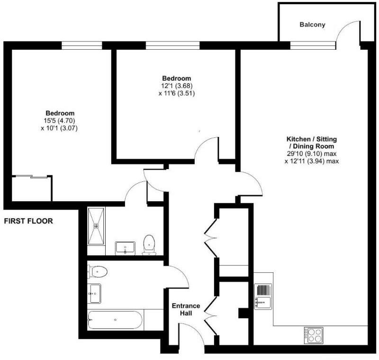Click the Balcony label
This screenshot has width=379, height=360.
312,25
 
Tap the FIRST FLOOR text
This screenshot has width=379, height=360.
28,221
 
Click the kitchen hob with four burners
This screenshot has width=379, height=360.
313,335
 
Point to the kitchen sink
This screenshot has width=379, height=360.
263,296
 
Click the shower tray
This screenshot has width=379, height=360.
97,225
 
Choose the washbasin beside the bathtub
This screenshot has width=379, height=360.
94,294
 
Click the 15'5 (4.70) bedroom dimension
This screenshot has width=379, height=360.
60,121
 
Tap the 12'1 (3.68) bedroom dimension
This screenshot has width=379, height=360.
177,86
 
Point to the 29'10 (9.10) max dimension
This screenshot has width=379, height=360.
311,153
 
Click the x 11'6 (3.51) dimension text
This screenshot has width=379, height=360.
177,93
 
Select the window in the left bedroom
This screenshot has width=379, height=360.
82,45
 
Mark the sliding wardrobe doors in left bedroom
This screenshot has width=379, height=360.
31,177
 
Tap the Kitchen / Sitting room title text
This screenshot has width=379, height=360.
311,143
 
